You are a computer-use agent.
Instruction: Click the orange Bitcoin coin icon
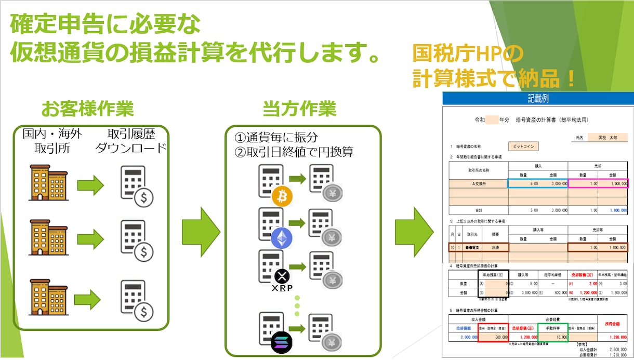tap(282, 196)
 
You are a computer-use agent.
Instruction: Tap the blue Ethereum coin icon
tap(282, 238)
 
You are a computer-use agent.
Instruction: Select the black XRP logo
tap(282, 276)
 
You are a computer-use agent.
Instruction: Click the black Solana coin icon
tap(282, 342)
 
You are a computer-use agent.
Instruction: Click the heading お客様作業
tap(87, 109)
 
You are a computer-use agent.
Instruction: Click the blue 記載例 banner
tap(537, 98)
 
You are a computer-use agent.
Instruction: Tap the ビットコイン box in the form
tap(523, 146)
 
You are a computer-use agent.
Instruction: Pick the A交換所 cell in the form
tap(478, 183)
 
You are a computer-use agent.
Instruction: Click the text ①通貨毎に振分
tap(276, 138)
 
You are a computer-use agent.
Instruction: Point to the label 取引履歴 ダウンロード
tap(130, 141)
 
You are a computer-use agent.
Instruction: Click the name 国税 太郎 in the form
tap(605, 138)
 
